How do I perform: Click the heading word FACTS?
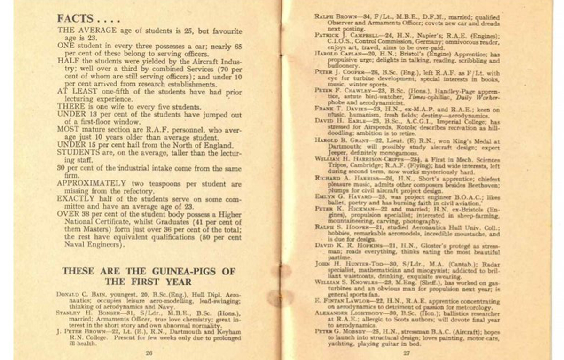[74, 19]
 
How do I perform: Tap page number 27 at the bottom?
[407, 352]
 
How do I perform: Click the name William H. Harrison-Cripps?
[355, 158]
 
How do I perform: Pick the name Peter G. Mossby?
[337, 330]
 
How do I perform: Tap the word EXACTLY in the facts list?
[74, 199]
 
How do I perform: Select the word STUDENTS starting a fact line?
[76, 152]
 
